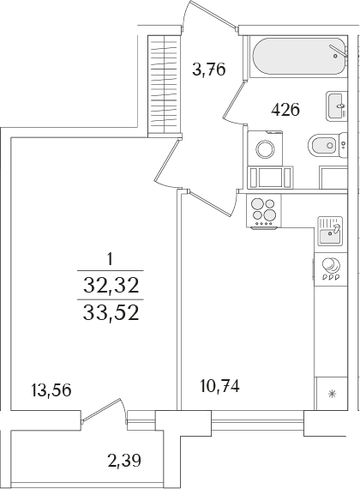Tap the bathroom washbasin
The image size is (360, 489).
335,105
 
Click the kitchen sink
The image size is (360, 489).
329,230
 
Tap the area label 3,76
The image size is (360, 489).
208,70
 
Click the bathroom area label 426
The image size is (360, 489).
285,110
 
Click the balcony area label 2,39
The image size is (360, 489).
124,462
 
